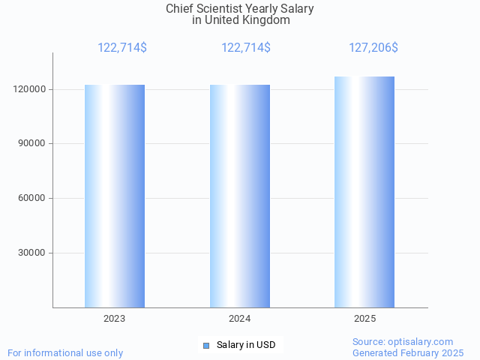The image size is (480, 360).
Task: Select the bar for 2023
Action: (115, 196)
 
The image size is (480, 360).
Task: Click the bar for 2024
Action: (240, 196)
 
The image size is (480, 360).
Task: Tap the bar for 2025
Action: (364, 192)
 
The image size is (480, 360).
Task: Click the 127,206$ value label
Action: (373, 47)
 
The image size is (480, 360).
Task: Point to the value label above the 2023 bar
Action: (122, 47)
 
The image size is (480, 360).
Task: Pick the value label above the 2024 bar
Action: (246, 47)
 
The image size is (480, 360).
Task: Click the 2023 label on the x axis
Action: (115, 319)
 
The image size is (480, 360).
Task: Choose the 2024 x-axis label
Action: (240, 319)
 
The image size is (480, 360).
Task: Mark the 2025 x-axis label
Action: (365, 319)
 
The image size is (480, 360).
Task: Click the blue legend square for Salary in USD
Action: (206, 345)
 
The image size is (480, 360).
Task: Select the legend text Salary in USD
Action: (246, 345)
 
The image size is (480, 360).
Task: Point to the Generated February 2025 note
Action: (408, 352)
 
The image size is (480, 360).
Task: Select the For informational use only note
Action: (65, 352)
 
